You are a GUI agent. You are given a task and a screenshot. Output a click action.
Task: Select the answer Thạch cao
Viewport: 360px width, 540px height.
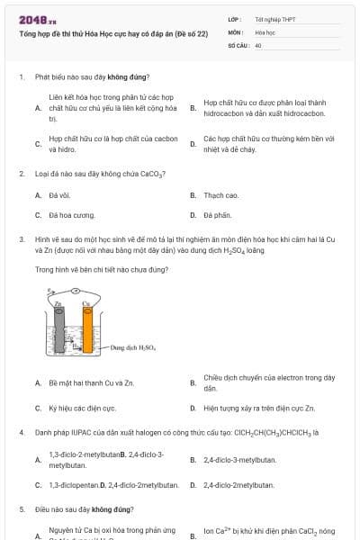(x=220, y=194)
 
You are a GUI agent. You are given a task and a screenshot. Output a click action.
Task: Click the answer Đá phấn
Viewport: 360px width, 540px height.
(x=218, y=215)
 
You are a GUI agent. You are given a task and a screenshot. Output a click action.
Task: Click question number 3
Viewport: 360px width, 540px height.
(x=21, y=239)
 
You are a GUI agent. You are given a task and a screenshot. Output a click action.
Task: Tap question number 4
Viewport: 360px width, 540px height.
(x=21, y=432)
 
